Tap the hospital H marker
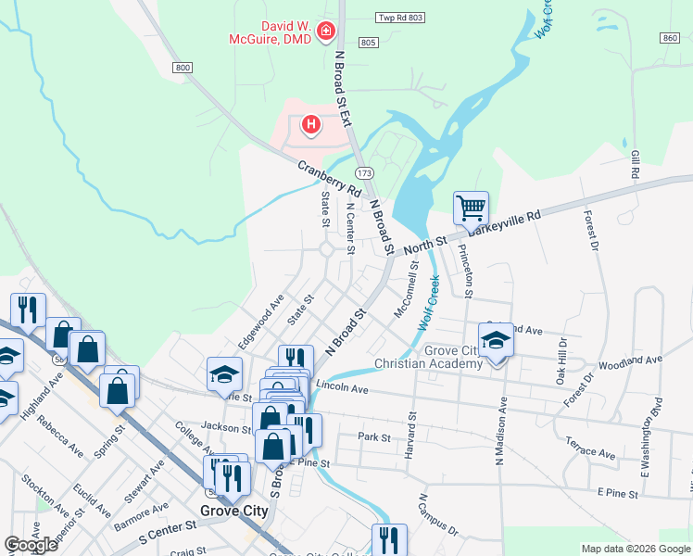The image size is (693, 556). click(311, 123)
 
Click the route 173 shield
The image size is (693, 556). click(364, 173)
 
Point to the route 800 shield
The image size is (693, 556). click(182, 68)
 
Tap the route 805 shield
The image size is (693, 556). click(368, 43)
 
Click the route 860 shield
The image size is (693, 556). click(671, 37)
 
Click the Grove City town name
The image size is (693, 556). click(234, 511)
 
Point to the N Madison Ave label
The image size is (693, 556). click(501, 431)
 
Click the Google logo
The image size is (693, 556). click(31, 545)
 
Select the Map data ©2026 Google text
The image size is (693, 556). click(636, 549)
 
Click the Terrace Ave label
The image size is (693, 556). click(590, 449)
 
